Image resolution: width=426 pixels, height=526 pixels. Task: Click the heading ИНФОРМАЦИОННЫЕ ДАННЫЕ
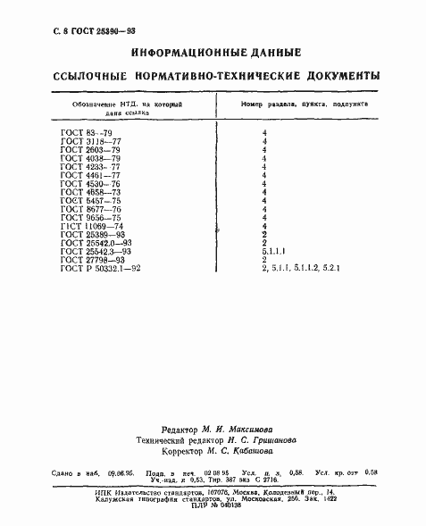pos(215,54)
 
